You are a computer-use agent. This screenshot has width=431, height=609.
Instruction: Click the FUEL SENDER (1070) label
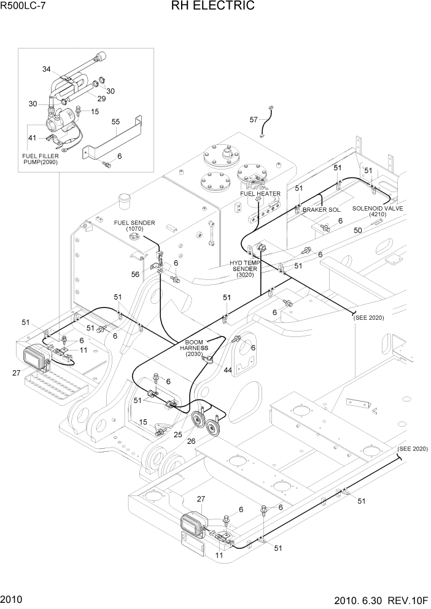click(x=134, y=225)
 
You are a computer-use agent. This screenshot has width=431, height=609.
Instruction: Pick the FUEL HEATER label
click(x=260, y=194)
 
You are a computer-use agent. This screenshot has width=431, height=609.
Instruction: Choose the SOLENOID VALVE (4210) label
click(x=377, y=211)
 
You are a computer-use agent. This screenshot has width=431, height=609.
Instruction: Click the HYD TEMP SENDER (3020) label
click(x=244, y=269)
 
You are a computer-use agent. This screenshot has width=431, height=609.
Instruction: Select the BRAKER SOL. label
click(x=322, y=210)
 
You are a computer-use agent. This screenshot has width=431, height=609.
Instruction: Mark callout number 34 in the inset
click(x=47, y=69)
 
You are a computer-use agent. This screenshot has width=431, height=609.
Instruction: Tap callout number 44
click(x=228, y=370)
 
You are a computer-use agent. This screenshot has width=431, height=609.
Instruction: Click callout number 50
click(x=357, y=230)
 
